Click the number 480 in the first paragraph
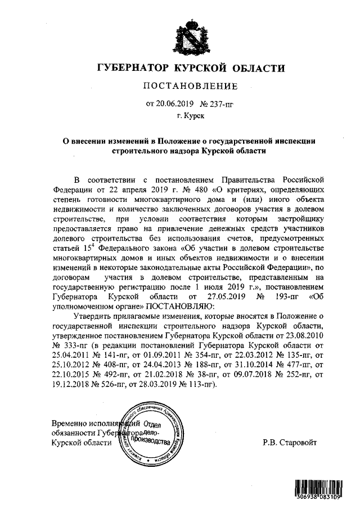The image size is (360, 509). tap(159, 189)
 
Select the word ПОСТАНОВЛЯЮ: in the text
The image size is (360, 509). tap(181, 307)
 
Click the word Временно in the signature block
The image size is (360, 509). tap(68, 424)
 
